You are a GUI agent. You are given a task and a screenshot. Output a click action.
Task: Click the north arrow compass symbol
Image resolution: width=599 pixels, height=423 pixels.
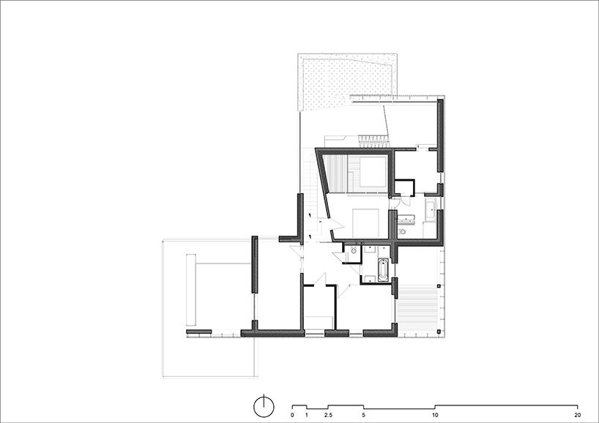pos(264,406)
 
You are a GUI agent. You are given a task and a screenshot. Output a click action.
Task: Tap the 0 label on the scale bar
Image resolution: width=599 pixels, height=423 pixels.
pos(292,415)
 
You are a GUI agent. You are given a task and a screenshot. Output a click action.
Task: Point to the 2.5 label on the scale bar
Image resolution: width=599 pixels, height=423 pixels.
pos(328,415)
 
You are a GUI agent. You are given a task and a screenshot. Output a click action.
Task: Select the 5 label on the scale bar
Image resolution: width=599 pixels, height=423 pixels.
pos(363,415)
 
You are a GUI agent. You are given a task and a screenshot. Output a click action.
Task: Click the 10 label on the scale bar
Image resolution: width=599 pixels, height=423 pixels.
pos(435,415)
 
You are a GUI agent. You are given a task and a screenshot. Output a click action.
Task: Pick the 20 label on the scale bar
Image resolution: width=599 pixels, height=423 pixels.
pos(578,415)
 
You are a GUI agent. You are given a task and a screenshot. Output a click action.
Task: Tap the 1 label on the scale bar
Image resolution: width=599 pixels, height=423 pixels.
pos(306,415)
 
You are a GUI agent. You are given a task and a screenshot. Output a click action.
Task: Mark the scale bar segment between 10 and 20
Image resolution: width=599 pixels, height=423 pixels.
pos(506,405)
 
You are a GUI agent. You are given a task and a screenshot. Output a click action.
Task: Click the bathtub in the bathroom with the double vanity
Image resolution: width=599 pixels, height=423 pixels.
pos(430,209)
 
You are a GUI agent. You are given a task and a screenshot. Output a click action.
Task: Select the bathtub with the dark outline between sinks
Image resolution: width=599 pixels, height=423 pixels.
pos(383,270)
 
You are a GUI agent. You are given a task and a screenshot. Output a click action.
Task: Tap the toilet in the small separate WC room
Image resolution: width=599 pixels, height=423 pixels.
pos(354,250)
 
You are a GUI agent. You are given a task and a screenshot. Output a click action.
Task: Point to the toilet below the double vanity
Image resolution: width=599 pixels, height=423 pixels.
pos(402,232)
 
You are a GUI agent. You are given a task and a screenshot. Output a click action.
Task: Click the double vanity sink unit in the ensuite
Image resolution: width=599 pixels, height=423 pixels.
pos(406,219)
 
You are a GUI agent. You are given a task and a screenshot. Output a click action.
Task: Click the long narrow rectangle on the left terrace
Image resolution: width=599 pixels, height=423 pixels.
pos(191,289)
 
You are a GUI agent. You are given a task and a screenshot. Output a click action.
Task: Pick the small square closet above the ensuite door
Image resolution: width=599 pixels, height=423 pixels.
pos(404,187)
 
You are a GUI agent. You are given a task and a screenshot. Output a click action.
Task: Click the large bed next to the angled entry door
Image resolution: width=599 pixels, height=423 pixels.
pos(365,222)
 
